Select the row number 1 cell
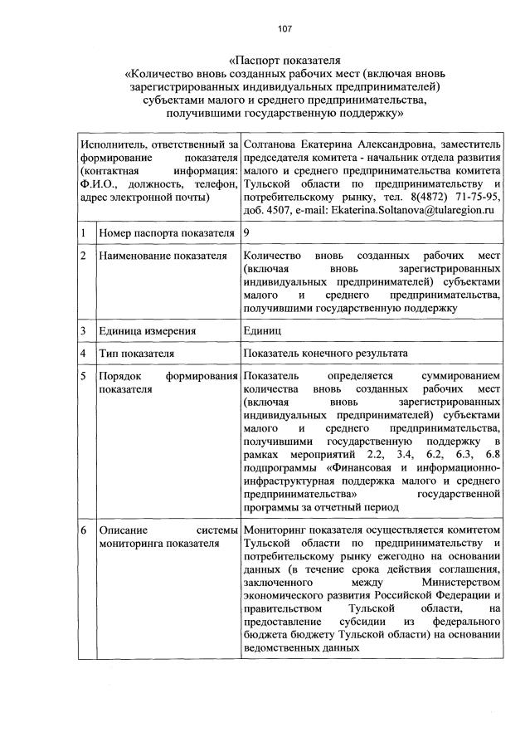[85, 234]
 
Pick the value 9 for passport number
[247, 234]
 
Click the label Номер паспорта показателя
[163, 234]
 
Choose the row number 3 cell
[85, 331]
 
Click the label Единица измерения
[147, 331]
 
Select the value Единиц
[264, 331]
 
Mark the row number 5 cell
[85, 376]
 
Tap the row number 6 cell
[85, 530]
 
